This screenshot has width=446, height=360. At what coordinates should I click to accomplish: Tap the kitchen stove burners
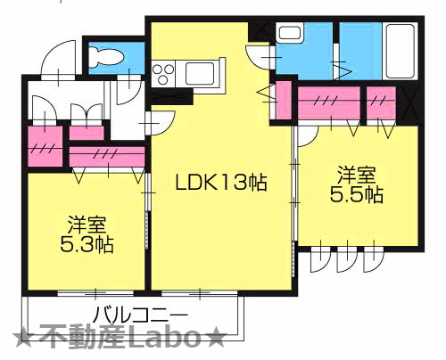(164, 70)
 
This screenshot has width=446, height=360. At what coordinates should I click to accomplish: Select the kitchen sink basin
(199, 70)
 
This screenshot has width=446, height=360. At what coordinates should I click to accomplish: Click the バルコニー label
(140, 315)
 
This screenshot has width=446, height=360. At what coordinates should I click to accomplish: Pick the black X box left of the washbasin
(261, 33)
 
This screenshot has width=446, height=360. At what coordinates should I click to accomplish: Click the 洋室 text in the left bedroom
(80, 221)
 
